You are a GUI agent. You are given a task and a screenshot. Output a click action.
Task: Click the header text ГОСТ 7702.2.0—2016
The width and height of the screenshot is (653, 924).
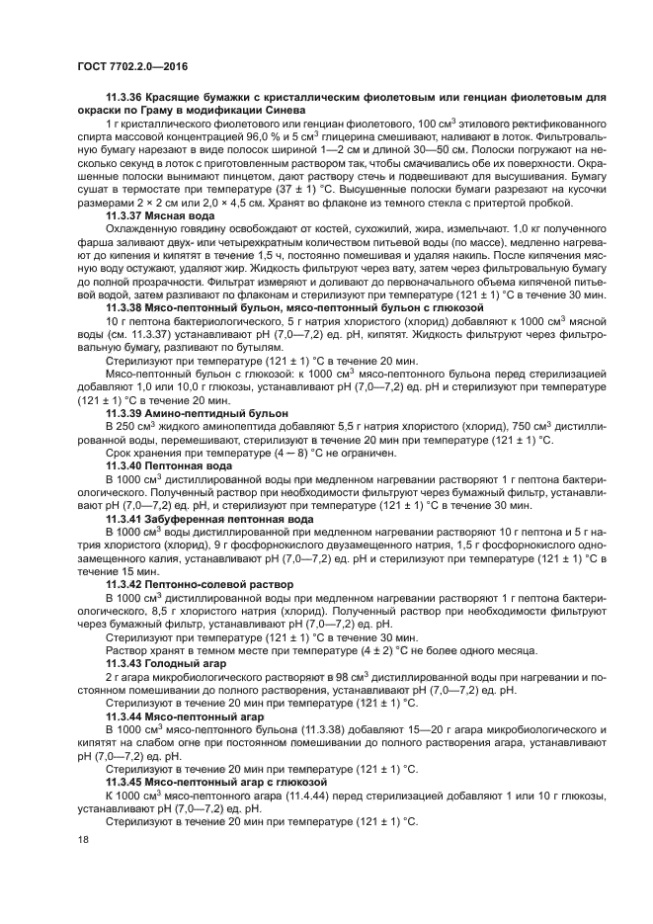131,66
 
